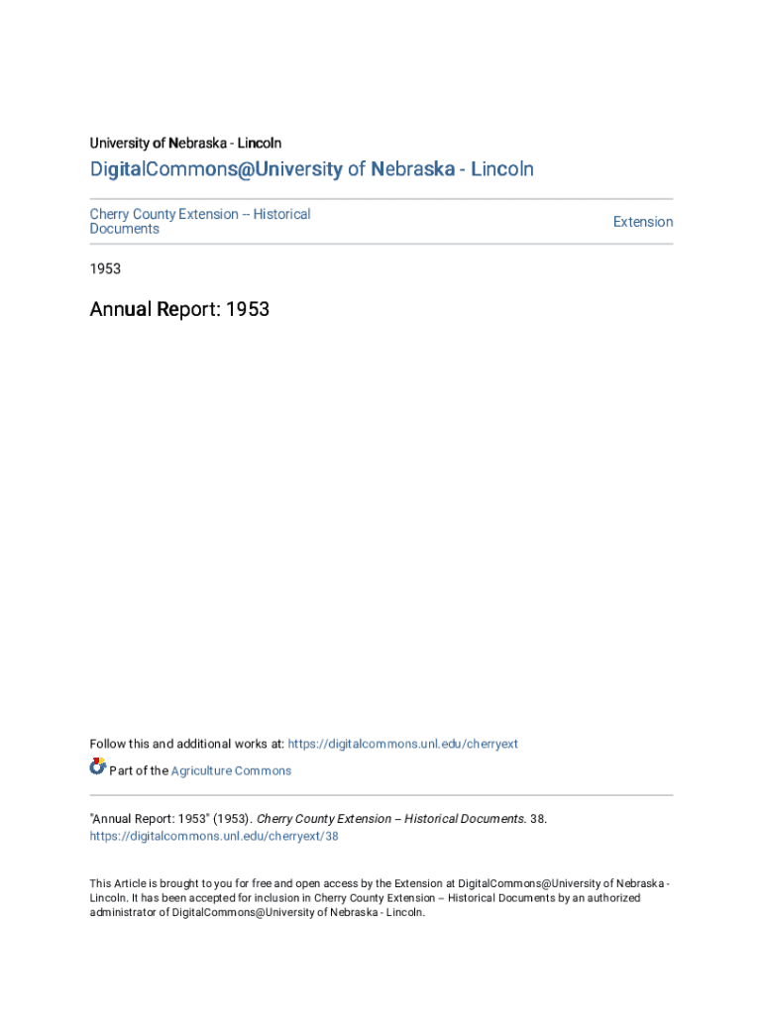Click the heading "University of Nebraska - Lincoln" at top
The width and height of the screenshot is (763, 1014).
(185, 144)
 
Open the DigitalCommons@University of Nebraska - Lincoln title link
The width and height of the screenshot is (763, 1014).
(311, 169)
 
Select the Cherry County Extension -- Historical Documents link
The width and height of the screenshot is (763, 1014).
(199, 221)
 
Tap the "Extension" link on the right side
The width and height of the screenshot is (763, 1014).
(642, 222)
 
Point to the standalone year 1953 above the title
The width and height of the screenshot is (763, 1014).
(105, 268)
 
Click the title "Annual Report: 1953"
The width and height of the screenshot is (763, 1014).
(179, 310)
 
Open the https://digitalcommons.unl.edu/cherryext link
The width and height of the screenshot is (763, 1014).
(402, 744)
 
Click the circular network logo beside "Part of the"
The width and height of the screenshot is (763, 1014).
(97, 766)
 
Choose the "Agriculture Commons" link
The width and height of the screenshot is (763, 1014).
(231, 770)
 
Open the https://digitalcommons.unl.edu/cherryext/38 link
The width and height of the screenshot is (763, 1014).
(214, 836)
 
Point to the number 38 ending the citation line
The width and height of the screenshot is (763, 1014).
(538, 819)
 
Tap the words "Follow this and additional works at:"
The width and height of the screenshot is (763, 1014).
(186, 744)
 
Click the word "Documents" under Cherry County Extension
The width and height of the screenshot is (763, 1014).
(125, 229)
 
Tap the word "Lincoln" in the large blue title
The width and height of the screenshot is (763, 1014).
(501, 169)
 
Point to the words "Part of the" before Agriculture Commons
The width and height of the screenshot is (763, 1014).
(139, 770)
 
